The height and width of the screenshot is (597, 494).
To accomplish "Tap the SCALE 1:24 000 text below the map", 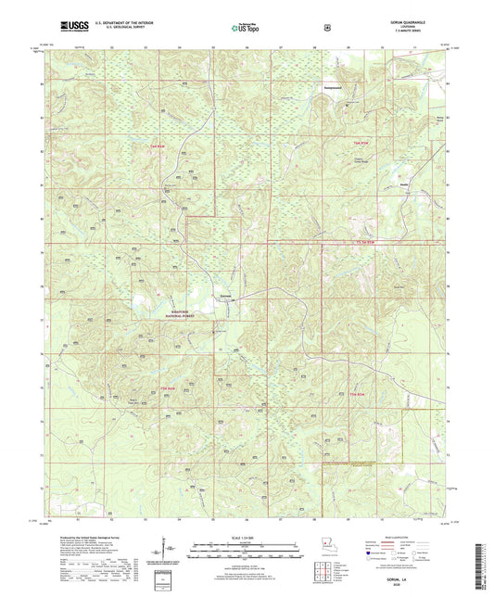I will click(246, 537).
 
